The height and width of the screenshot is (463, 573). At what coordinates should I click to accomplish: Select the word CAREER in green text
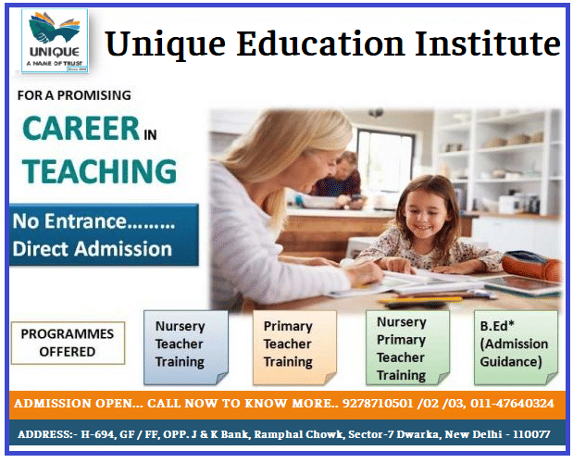(x=81, y=129)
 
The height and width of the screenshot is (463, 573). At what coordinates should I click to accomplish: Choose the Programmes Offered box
(x=68, y=343)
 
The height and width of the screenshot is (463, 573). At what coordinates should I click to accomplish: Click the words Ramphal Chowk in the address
(x=293, y=434)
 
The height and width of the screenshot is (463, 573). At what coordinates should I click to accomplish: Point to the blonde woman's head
(x=305, y=148)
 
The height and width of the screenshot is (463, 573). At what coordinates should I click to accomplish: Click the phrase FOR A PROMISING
(x=75, y=94)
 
